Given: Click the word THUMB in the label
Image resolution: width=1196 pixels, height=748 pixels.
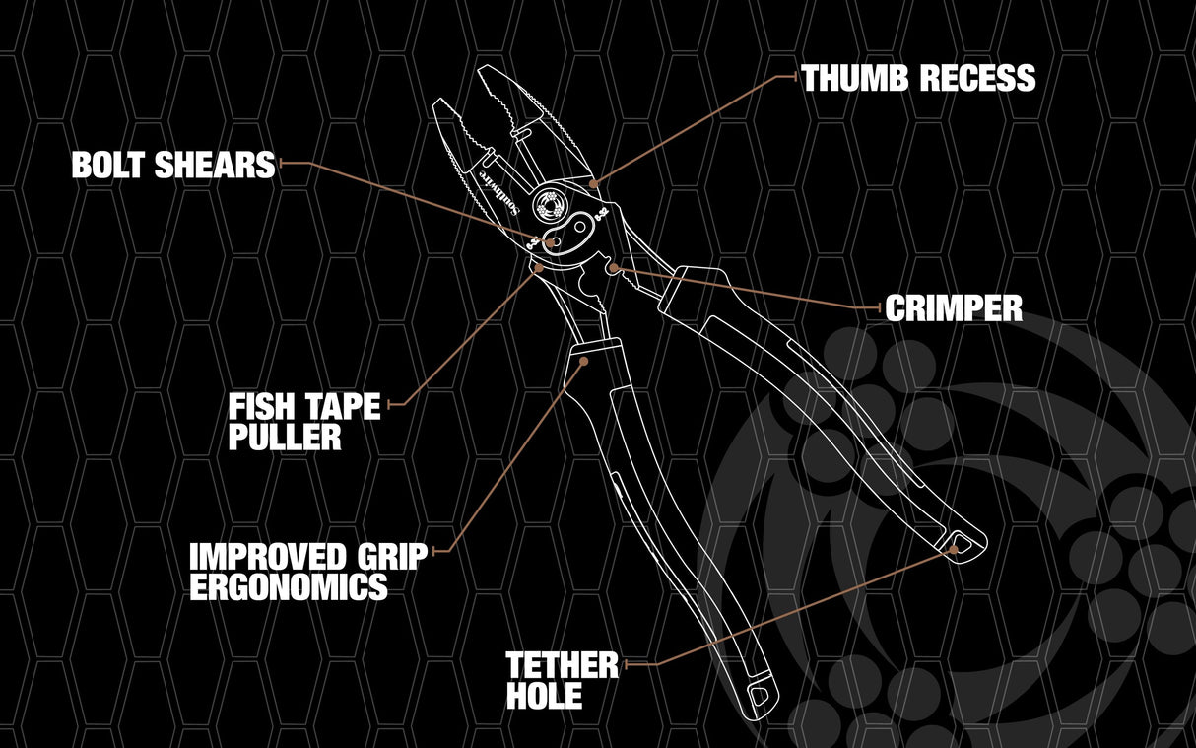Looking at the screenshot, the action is click(x=855, y=78).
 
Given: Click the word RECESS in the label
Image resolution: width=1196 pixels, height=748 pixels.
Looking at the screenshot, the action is click(x=977, y=78).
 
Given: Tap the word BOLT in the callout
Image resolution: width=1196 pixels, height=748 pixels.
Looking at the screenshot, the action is click(x=108, y=165).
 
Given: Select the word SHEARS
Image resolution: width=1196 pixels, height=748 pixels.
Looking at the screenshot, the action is click(x=215, y=165).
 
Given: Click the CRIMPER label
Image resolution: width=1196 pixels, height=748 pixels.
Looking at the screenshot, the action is click(x=954, y=307).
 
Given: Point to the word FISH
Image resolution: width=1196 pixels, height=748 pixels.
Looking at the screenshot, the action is click(x=259, y=407).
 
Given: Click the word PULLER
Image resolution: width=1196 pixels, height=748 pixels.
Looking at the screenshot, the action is click(x=285, y=438).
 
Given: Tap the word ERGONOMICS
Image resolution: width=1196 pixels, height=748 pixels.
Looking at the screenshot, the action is click(x=289, y=586).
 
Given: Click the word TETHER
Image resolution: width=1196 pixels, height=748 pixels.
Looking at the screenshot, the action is click(x=562, y=665).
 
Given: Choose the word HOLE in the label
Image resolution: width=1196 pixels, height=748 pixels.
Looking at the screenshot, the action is click(x=544, y=696).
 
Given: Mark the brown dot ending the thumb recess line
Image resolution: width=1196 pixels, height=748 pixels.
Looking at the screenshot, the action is click(x=593, y=183).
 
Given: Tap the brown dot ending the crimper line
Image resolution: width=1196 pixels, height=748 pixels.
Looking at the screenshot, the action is click(x=614, y=268).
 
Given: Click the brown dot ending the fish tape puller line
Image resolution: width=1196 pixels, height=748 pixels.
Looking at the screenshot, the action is click(x=539, y=267).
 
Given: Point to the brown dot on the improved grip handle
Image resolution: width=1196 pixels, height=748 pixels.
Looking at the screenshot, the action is click(x=583, y=362).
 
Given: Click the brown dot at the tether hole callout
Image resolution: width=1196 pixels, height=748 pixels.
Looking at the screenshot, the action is click(x=954, y=549).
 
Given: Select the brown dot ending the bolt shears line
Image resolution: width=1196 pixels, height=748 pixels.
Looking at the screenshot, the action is click(x=550, y=242).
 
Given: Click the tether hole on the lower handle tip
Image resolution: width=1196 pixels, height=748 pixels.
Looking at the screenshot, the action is click(x=760, y=696).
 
